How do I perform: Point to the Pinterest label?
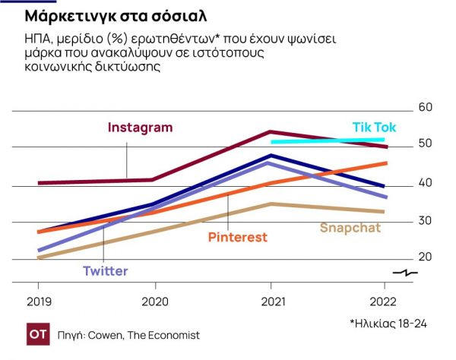[238, 237]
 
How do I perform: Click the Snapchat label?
[350, 227]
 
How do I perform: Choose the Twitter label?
[105, 271]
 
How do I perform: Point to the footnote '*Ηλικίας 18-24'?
[388, 324]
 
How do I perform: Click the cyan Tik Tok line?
[327, 141]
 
